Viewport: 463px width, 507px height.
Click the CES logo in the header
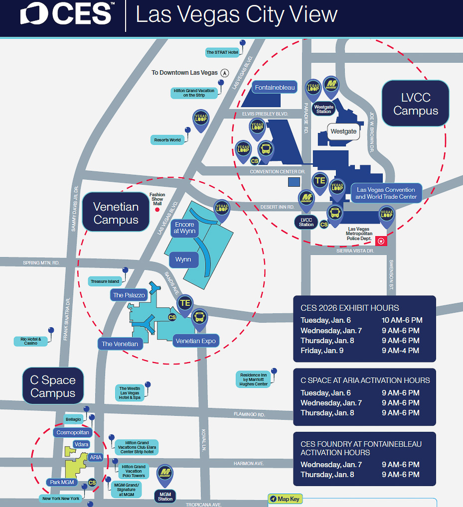(66, 14)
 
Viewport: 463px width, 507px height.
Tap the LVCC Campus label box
(416, 104)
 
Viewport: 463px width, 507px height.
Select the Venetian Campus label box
(116, 213)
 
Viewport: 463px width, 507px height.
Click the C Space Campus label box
(52, 386)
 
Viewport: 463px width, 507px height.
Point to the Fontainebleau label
(275, 88)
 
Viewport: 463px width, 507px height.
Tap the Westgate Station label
(323, 109)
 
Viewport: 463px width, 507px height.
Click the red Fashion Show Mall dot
(157, 210)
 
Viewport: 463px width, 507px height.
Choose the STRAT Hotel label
(222, 52)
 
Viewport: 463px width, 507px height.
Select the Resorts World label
(167, 140)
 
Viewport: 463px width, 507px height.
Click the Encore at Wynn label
(184, 228)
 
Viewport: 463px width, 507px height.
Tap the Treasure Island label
(105, 281)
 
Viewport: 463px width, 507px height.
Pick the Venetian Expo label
(195, 341)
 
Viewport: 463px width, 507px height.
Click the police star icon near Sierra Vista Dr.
(381, 241)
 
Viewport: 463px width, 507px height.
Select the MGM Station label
(165, 496)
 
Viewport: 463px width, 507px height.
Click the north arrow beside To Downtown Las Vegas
(224, 73)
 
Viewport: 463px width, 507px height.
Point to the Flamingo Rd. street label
(249, 414)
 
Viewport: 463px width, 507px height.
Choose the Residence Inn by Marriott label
(254, 379)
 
